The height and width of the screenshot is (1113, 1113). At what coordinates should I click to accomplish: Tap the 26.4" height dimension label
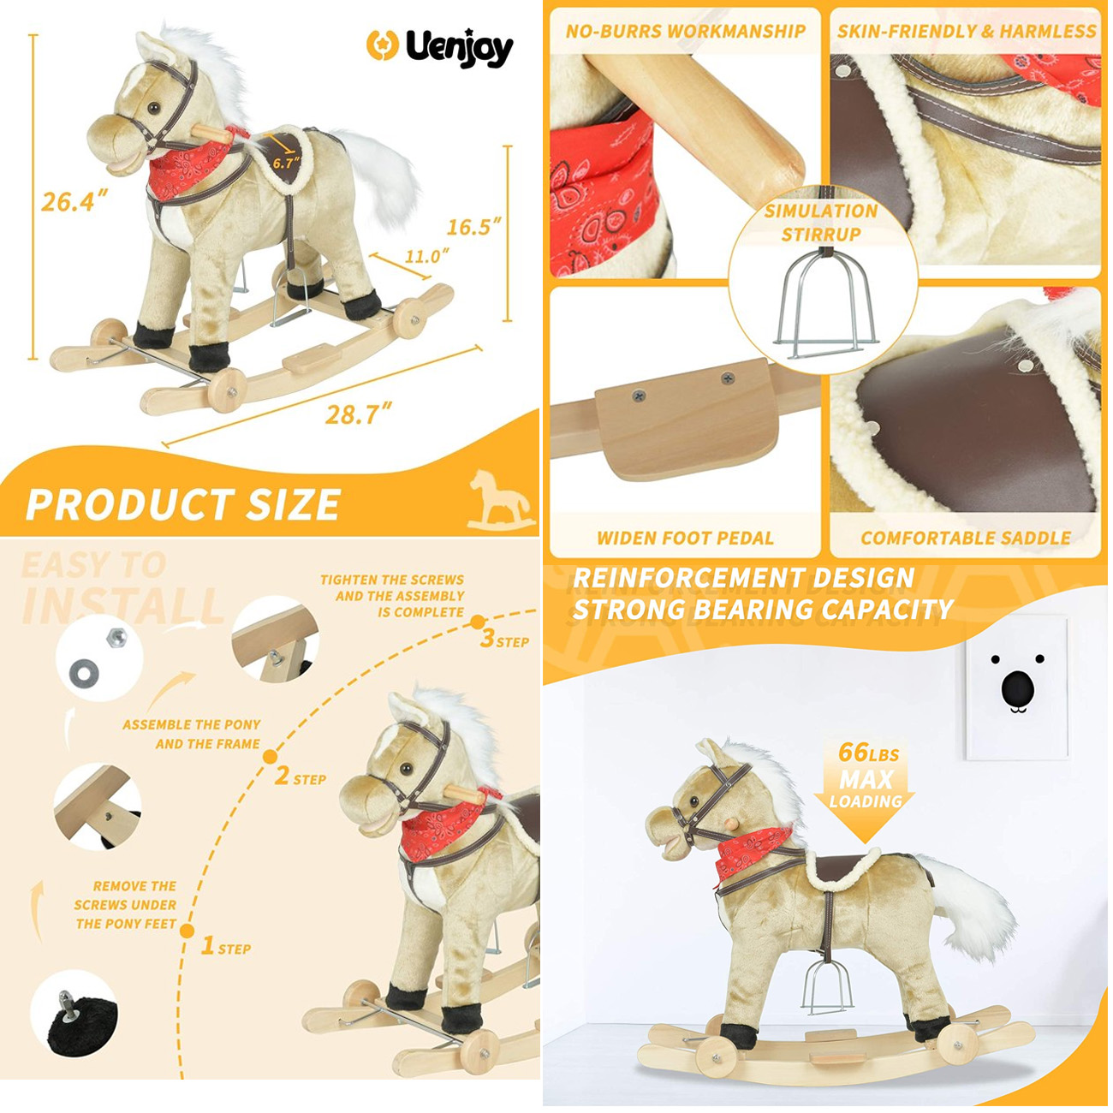pos(74,201)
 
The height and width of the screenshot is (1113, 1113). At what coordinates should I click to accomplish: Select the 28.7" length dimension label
pos(358,414)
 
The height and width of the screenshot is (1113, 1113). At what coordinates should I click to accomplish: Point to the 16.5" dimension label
pos(473,226)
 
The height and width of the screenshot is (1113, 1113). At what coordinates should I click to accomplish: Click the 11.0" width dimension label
pos(426,256)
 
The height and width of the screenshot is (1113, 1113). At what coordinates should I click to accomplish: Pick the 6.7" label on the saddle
pos(287,163)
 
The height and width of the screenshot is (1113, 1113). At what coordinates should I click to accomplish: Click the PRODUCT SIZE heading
pos(182,504)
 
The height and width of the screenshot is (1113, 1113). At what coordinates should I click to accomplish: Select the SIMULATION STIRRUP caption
pos(821,223)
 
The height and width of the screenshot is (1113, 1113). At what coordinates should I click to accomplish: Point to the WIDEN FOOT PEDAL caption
pos(685,539)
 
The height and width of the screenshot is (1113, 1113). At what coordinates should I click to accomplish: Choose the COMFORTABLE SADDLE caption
pos(966,539)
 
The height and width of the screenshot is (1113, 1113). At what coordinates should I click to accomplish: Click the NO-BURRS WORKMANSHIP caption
pos(686,31)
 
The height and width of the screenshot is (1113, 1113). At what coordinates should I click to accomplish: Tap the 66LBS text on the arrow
pos(869,753)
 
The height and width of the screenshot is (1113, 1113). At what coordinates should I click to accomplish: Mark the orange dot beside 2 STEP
pos(270,757)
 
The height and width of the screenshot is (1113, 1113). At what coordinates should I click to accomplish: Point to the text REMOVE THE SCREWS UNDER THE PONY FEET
pos(126,905)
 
